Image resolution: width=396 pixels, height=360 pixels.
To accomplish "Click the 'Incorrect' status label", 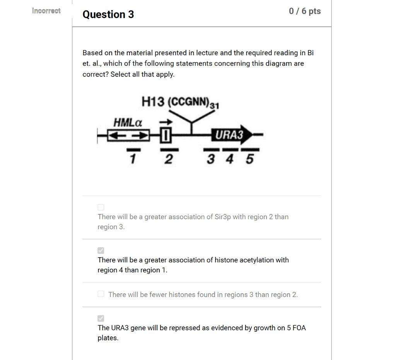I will click(x=46, y=11).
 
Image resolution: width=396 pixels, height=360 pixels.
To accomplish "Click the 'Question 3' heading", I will click(x=108, y=15).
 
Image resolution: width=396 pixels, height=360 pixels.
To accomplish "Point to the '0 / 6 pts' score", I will click(x=305, y=11).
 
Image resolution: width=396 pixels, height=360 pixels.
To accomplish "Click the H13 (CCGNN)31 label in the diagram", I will click(x=180, y=102).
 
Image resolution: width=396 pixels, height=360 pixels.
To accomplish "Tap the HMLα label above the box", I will click(x=128, y=122).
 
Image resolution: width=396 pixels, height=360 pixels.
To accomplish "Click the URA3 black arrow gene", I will click(x=232, y=135).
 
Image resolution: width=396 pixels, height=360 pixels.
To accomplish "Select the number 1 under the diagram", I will click(x=132, y=158).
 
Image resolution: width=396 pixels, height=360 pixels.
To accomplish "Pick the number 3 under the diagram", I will click(x=211, y=158).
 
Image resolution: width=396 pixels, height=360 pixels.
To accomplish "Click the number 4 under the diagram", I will click(x=230, y=158).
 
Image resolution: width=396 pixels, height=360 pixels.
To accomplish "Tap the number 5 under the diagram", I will click(x=249, y=158).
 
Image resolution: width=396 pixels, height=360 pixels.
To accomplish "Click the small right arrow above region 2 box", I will click(x=166, y=122).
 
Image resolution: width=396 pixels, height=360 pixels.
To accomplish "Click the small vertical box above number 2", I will click(x=166, y=135).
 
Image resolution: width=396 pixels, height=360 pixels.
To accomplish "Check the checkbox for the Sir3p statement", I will click(x=101, y=207).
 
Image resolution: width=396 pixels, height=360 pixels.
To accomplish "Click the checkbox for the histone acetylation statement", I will click(x=101, y=251).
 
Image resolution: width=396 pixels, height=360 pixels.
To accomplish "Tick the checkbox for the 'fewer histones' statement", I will click(x=101, y=294).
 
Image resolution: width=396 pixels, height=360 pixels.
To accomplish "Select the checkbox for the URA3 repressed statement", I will click(x=101, y=318).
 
